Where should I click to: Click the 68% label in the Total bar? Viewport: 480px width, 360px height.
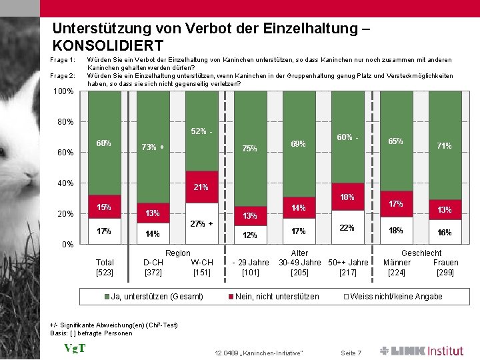point(103,143)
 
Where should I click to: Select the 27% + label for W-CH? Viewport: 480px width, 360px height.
point(201,224)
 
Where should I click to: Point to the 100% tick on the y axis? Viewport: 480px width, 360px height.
point(63,91)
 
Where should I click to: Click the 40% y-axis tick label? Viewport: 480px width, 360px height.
point(64,183)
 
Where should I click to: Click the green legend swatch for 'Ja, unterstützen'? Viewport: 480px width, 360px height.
point(107,296)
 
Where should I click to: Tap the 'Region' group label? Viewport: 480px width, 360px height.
point(177,253)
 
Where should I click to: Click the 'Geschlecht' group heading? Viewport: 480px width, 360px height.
point(421,253)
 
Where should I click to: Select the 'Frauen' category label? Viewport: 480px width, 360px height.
point(445,263)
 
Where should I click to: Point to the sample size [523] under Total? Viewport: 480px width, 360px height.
point(105,272)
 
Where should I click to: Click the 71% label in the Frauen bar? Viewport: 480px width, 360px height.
point(444,145)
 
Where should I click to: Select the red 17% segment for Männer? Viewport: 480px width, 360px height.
point(395,203)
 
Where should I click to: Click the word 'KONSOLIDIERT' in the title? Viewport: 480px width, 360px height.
point(107,46)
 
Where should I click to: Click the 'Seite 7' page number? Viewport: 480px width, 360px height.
point(351,352)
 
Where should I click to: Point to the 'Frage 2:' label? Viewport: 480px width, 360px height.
point(63,76)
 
